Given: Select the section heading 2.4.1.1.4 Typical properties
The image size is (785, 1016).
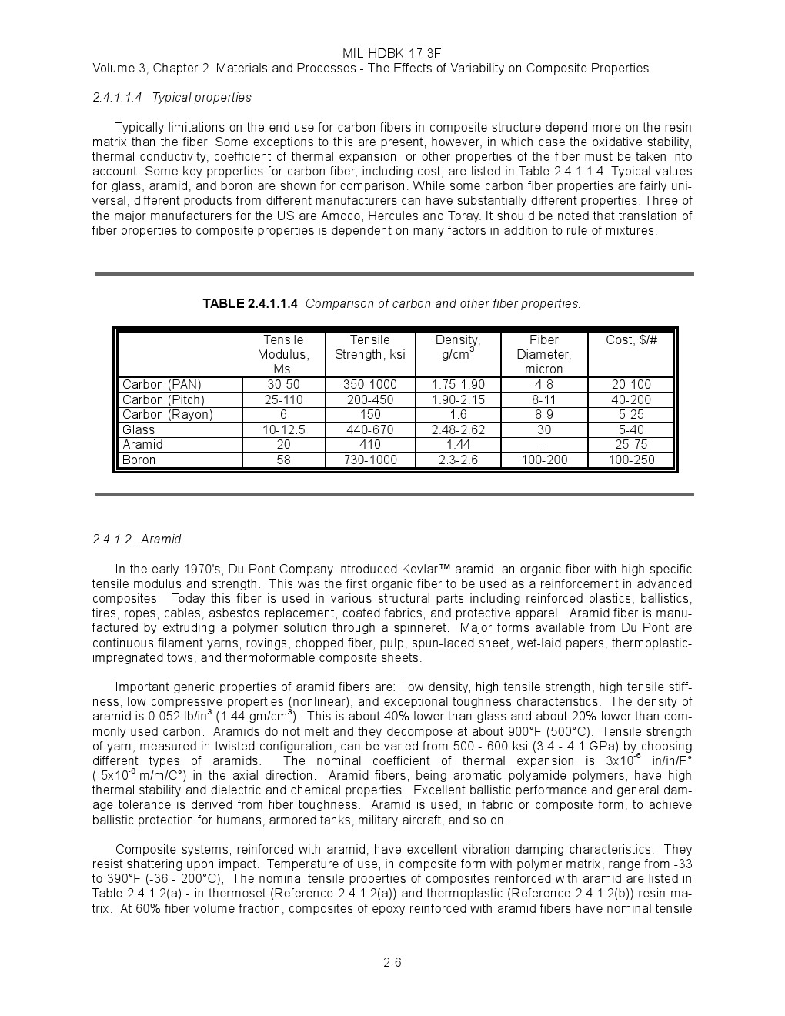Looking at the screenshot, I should (x=172, y=98).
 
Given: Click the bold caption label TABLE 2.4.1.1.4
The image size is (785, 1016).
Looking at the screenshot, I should (x=250, y=304).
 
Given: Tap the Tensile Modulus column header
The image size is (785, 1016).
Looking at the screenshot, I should (x=283, y=354).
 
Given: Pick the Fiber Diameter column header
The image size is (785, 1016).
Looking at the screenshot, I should (x=543, y=354).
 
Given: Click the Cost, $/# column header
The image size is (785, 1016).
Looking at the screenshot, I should (x=631, y=340).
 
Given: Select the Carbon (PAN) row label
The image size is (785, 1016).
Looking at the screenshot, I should (x=162, y=385).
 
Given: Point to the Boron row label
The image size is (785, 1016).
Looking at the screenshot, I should (x=139, y=460).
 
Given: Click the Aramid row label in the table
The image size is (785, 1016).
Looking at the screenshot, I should (x=142, y=445).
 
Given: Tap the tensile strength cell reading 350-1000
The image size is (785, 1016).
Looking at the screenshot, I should (x=369, y=385).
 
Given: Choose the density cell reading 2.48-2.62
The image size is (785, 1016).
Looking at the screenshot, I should (x=458, y=430).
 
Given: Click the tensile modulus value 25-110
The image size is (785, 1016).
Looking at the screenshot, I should (x=283, y=400).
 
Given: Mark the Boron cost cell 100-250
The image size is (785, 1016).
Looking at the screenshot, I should (x=631, y=460).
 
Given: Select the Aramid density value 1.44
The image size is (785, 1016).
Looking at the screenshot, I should (x=458, y=445).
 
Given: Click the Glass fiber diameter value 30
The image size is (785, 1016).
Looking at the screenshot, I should (x=543, y=430).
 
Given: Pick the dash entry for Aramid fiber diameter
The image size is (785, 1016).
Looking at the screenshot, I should (x=543, y=445).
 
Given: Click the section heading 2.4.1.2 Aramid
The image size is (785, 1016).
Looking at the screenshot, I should (x=137, y=540).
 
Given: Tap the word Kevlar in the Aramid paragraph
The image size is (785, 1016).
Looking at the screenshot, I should (x=420, y=570).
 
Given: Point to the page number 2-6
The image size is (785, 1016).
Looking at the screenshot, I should (x=392, y=963).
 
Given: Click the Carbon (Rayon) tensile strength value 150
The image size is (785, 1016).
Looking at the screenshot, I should (x=369, y=415).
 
